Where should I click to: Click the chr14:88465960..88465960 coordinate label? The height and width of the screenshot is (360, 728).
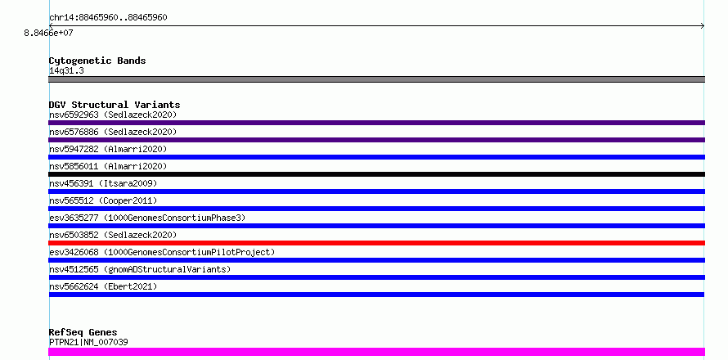(108, 18)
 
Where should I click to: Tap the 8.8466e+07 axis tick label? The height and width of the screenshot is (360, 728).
(49, 33)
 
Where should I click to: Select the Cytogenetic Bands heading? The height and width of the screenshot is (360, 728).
(97, 61)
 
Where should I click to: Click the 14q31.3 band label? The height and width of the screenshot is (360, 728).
(66, 71)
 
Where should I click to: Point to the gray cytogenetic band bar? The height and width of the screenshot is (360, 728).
(376, 79)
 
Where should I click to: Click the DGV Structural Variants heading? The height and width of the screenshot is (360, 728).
(115, 105)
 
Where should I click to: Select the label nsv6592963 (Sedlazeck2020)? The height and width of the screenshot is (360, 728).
(113, 115)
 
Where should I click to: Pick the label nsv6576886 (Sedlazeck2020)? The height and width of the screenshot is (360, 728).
(113, 132)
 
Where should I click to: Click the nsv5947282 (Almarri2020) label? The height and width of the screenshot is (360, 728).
(108, 149)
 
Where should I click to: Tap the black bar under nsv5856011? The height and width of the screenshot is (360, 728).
(376, 174)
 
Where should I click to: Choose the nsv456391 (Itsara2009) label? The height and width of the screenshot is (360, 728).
(103, 183)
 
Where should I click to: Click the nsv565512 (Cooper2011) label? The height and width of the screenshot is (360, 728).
(103, 200)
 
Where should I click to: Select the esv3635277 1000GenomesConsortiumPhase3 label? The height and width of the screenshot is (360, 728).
(147, 218)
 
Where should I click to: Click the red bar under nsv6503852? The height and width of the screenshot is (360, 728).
(376, 243)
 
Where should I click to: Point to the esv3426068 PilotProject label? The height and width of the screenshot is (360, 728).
(162, 252)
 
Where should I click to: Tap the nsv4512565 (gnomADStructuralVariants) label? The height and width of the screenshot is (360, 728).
(140, 269)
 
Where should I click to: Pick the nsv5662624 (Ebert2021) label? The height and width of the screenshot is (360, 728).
(103, 286)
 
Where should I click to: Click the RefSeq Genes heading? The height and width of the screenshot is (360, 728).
(83, 332)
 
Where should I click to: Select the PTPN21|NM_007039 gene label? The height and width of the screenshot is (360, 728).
(88, 342)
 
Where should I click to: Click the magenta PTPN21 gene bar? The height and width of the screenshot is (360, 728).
(376, 352)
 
